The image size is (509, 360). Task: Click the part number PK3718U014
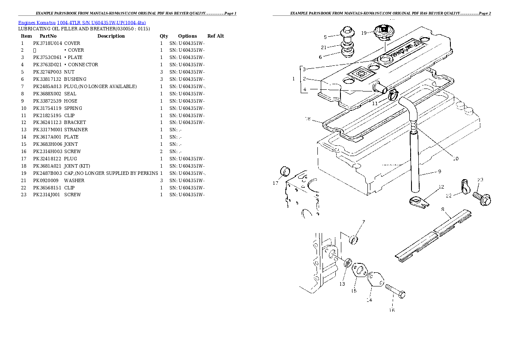[x=47, y=43]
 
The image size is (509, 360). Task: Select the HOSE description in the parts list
[x=71, y=101]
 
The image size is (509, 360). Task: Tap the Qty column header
[x=164, y=36]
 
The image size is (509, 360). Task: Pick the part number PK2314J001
[x=47, y=195]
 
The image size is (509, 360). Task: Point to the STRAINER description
[x=76, y=130]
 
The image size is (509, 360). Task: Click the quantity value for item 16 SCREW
[x=161, y=152]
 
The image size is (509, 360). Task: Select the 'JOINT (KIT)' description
[x=77, y=166]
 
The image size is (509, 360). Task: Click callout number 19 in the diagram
[x=364, y=33]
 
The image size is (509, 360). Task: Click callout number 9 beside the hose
[x=439, y=172]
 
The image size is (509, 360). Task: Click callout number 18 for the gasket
[x=307, y=119]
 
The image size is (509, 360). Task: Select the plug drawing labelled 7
[x=354, y=239]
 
